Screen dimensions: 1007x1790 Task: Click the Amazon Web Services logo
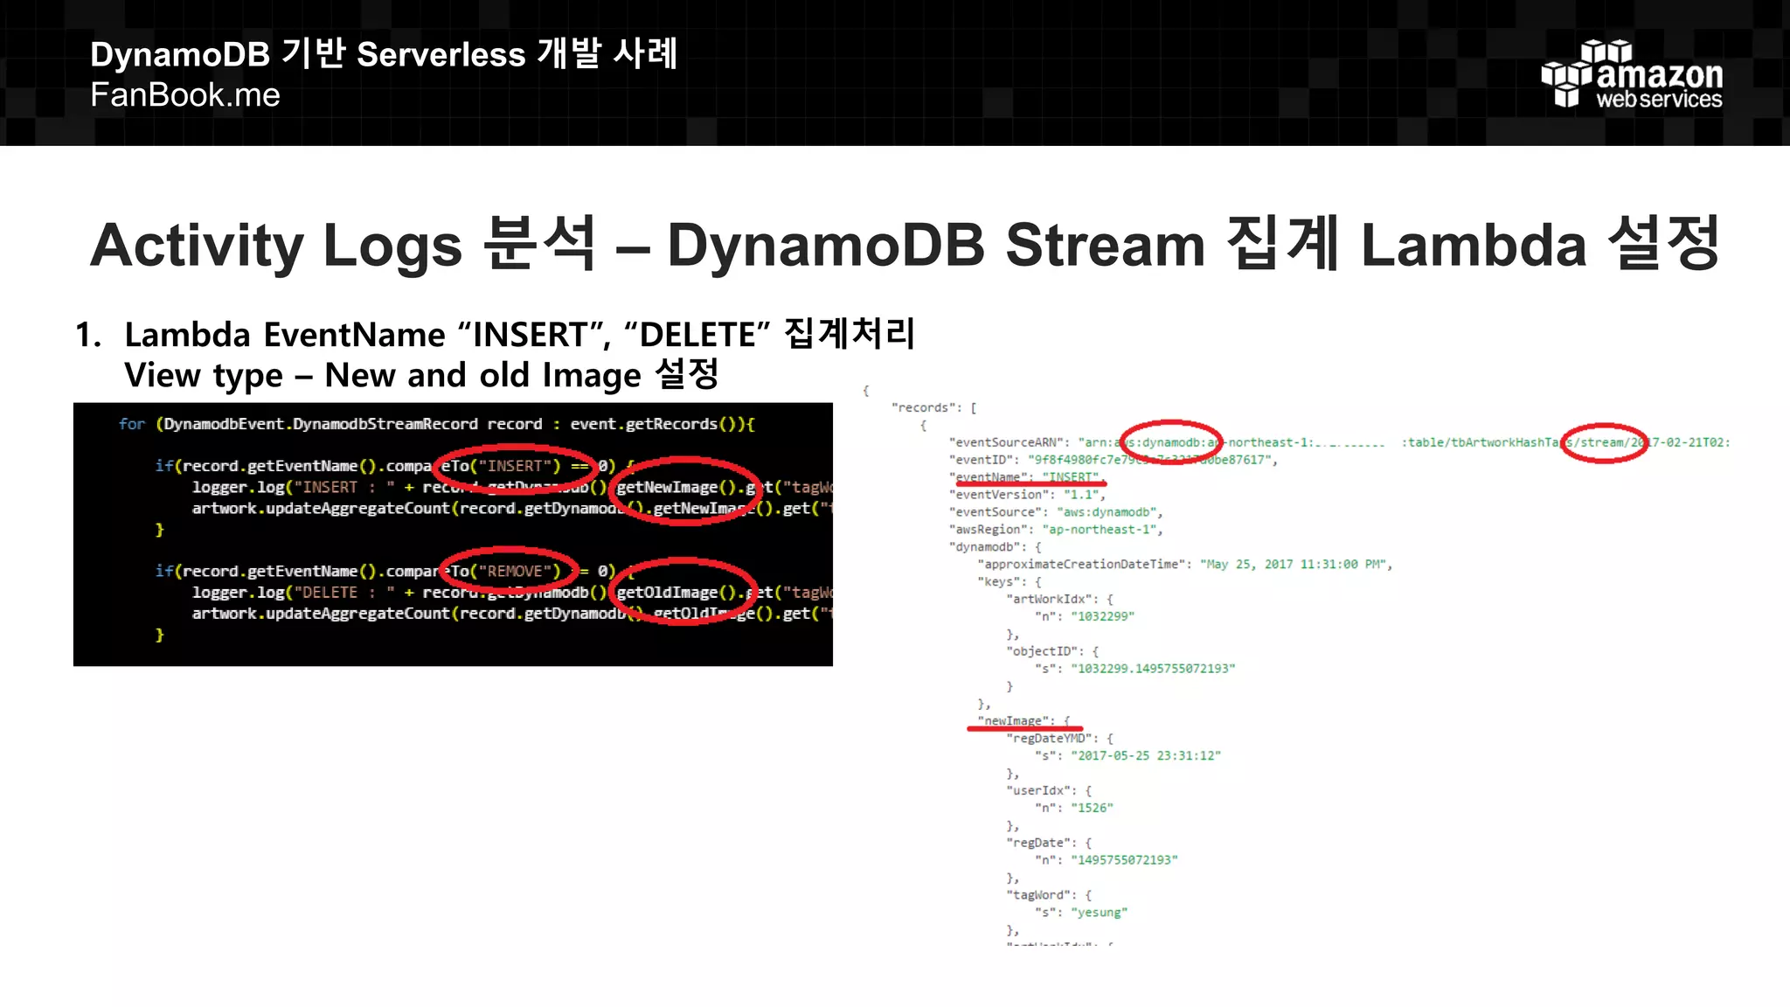pos(1631,76)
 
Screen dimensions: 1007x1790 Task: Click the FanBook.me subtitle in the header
pos(185,95)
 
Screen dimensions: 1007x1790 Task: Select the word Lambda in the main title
pos(1473,245)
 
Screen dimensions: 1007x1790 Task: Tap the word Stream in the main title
pos(1105,245)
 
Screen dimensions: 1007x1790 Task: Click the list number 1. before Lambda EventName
pos(88,335)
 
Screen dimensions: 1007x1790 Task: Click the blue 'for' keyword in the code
pos(132,425)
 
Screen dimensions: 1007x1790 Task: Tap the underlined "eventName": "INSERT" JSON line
pos(1027,477)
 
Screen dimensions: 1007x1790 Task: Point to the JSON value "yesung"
pos(1099,913)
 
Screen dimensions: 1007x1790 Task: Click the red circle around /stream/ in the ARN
pos(1604,442)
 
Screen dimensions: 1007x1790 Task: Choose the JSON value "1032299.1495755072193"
pos(1153,669)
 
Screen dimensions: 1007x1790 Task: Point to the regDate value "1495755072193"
pos(1124,860)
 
